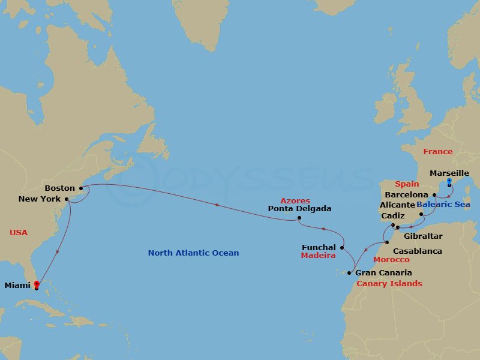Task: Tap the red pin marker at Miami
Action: point(37,284)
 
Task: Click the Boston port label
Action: point(59,188)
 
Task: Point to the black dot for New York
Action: point(67,199)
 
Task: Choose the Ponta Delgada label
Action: point(300,209)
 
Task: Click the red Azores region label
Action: point(295,200)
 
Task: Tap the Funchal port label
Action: point(319,247)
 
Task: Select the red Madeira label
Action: point(318,255)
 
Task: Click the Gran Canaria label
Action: point(383,273)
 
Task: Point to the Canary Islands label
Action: point(389,284)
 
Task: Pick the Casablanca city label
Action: point(417,251)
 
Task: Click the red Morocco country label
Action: point(391,260)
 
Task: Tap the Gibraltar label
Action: point(423,236)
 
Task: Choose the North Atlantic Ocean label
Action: point(193,253)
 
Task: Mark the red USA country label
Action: point(19,232)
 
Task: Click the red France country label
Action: point(437,152)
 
